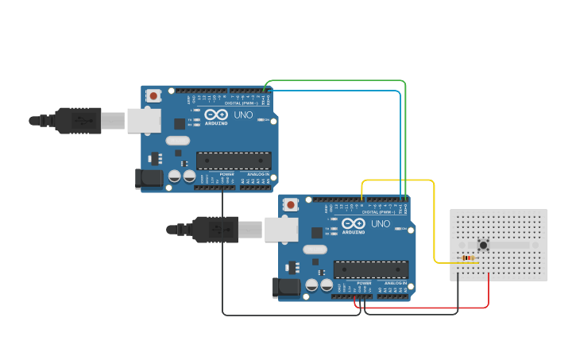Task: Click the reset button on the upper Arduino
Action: pyautogui.click(x=153, y=96)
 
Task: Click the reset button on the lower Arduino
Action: pyautogui.click(x=291, y=205)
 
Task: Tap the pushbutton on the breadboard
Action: pyautogui.click(x=482, y=246)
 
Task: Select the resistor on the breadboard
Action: pyautogui.click(x=468, y=257)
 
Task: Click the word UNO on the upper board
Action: pyautogui.click(x=243, y=114)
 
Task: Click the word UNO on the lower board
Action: pyautogui.click(x=381, y=223)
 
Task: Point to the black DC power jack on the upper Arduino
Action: pyautogui.click(x=148, y=179)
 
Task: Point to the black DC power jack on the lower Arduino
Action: pyautogui.click(x=286, y=288)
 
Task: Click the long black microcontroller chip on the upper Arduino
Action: pyautogui.click(x=234, y=161)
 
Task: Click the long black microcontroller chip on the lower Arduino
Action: pyautogui.click(x=371, y=269)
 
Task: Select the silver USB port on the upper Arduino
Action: pyautogui.click(x=144, y=121)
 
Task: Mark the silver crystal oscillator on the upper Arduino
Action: pyautogui.click(x=177, y=141)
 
